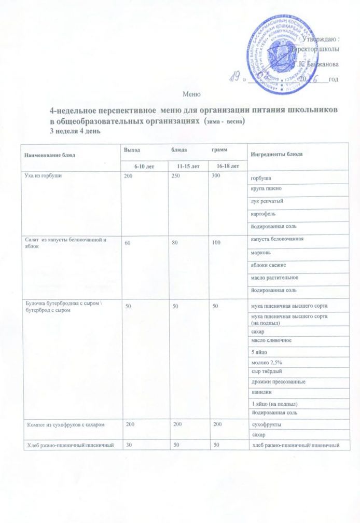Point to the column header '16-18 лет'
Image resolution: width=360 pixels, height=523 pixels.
coord(227,166)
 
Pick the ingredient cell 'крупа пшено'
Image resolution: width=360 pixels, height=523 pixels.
coord(266,189)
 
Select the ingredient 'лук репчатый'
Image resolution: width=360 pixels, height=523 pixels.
coord(267,201)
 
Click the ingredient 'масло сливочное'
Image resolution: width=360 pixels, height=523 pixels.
coord(271,340)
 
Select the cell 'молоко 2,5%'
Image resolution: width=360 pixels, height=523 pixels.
coord(265,362)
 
